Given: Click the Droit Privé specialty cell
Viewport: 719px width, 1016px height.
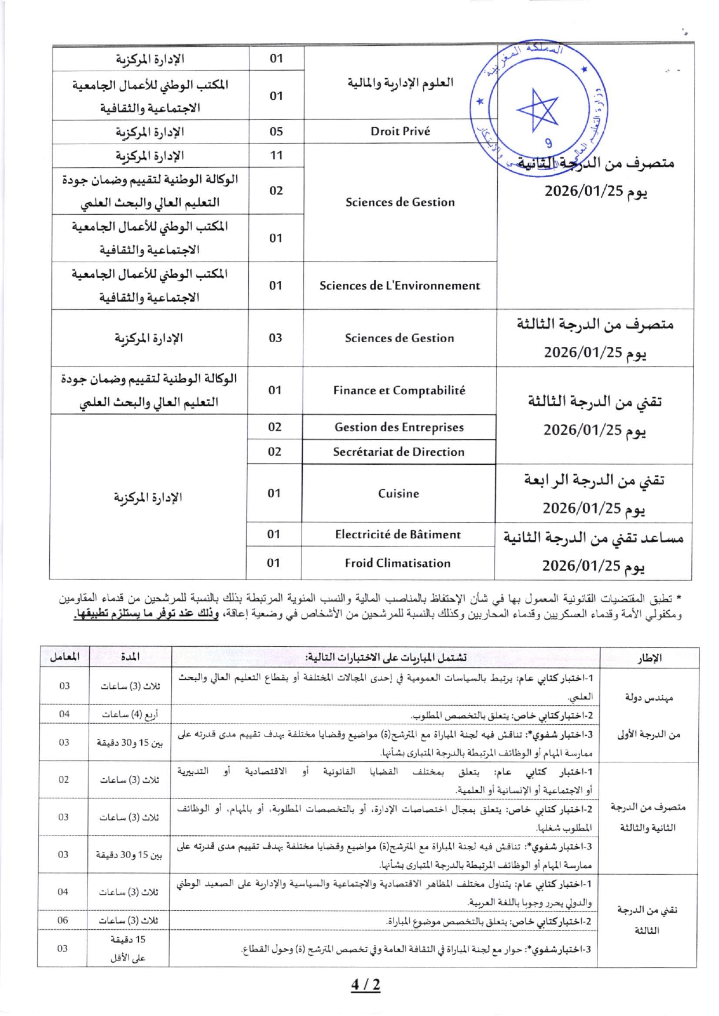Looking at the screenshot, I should pos(400,131).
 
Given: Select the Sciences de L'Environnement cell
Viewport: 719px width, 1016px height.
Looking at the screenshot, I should pos(399,285).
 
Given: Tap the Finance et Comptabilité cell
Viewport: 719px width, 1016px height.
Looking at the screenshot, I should pos(399,391).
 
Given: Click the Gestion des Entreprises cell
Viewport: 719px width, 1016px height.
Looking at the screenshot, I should pos(399,427).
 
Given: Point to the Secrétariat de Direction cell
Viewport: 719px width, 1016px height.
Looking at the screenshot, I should pos(398,452).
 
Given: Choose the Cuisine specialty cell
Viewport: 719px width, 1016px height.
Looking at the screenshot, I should pos(398,494).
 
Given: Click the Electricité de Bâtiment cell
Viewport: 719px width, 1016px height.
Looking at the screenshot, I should pos(398,535).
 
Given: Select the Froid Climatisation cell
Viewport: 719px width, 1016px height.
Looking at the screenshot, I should pos(397,563).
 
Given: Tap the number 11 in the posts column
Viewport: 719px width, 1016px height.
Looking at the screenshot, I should pos(276,156).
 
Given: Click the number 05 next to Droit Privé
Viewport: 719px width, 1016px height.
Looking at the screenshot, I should pos(276,131).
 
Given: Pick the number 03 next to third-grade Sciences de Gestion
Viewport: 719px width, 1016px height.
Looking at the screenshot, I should pos(275,338).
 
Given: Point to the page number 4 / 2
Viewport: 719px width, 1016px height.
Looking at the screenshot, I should pos(366,984).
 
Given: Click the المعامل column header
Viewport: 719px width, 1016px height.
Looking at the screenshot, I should pos(64,657).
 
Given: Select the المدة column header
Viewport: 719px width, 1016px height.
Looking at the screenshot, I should pos(130,657).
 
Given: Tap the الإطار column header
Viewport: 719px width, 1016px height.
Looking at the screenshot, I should pos(649,658).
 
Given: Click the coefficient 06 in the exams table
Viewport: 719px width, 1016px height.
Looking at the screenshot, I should pos(63,920).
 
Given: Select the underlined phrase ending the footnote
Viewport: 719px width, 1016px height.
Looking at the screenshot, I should pos(146,615).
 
